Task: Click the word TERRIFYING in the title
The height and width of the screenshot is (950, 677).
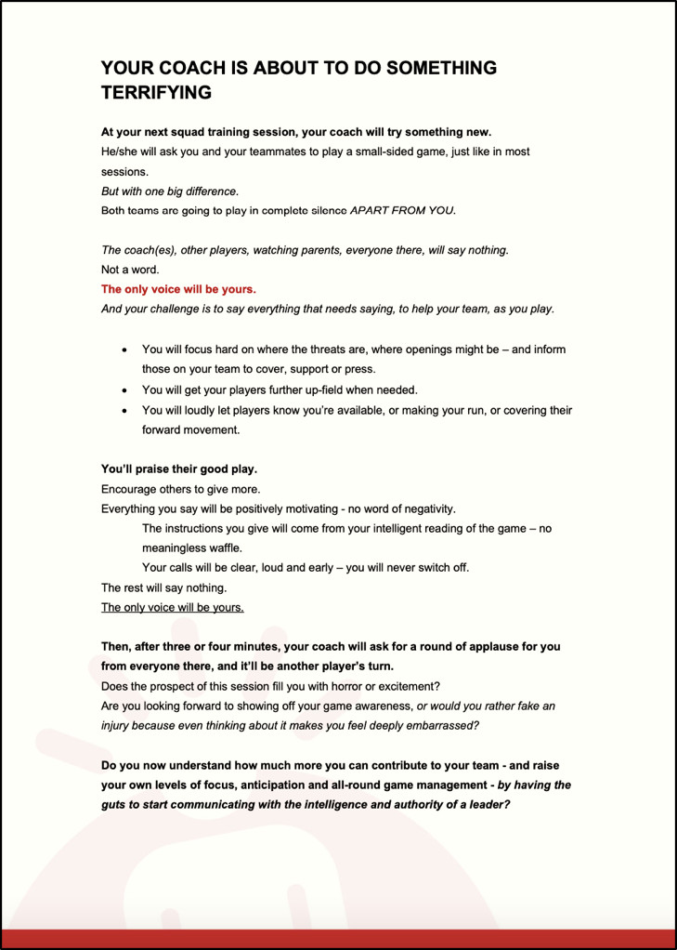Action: (x=156, y=93)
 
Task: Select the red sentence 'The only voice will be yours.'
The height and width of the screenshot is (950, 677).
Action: (x=178, y=289)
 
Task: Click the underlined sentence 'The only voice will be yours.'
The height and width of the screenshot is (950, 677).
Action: (x=172, y=607)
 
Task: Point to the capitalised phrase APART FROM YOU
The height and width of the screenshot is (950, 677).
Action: (x=402, y=210)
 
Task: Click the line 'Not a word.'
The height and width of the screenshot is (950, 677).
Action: (x=130, y=270)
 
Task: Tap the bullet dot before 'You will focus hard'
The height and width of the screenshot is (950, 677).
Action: (x=125, y=350)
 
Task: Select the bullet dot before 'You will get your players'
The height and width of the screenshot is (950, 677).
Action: (x=125, y=389)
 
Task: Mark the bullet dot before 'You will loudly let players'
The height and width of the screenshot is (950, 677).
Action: (x=125, y=411)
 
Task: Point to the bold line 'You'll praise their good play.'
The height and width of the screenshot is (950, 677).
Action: (x=178, y=468)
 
